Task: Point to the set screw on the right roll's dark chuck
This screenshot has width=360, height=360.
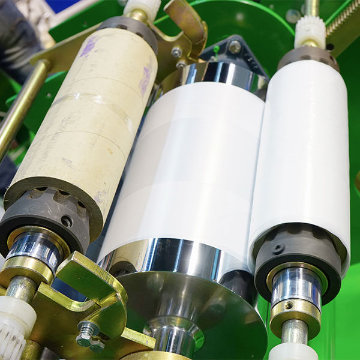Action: point(277,248)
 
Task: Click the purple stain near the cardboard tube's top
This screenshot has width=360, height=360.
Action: point(88,46)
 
